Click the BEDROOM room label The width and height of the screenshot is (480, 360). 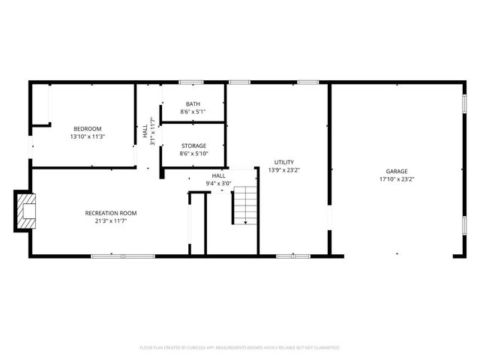coord(86,129)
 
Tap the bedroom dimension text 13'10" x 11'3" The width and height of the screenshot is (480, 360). coord(86,137)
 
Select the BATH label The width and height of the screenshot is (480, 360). coord(193,104)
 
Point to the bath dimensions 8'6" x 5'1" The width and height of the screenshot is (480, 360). coord(193,112)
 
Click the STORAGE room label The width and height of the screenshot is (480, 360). coord(193,145)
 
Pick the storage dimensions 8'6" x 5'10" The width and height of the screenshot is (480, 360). coord(193,154)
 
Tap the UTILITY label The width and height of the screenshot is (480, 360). coord(283,162)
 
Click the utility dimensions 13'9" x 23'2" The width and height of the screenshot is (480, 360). coord(283,170)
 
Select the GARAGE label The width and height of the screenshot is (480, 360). coord(397,171)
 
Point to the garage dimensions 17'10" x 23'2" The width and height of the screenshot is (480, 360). coord(397,179)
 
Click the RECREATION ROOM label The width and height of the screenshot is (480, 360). coord(110,213)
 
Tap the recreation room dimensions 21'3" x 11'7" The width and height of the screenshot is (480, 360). coord(110,221)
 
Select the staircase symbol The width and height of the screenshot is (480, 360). coord(245,206)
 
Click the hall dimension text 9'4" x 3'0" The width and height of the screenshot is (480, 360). coord(218,183)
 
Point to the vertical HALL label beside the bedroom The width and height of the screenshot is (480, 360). coord(145,131)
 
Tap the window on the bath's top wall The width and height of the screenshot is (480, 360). coord(191,82)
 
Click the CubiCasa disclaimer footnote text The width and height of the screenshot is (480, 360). coord(240,348)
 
